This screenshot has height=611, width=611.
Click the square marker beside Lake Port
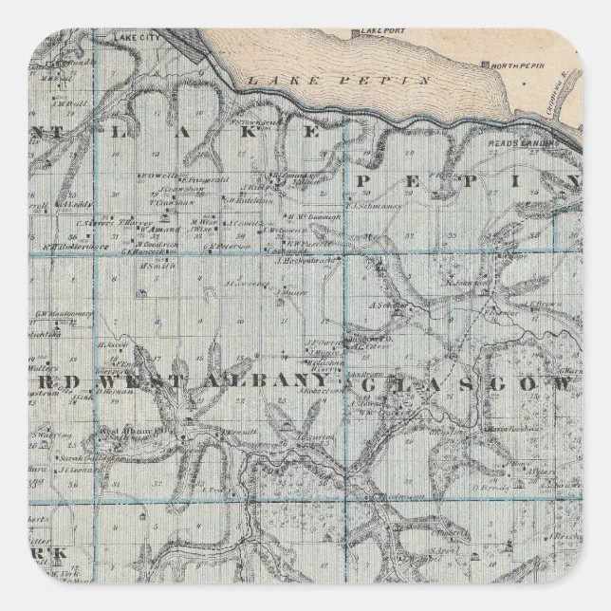click(x=355, y=34)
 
